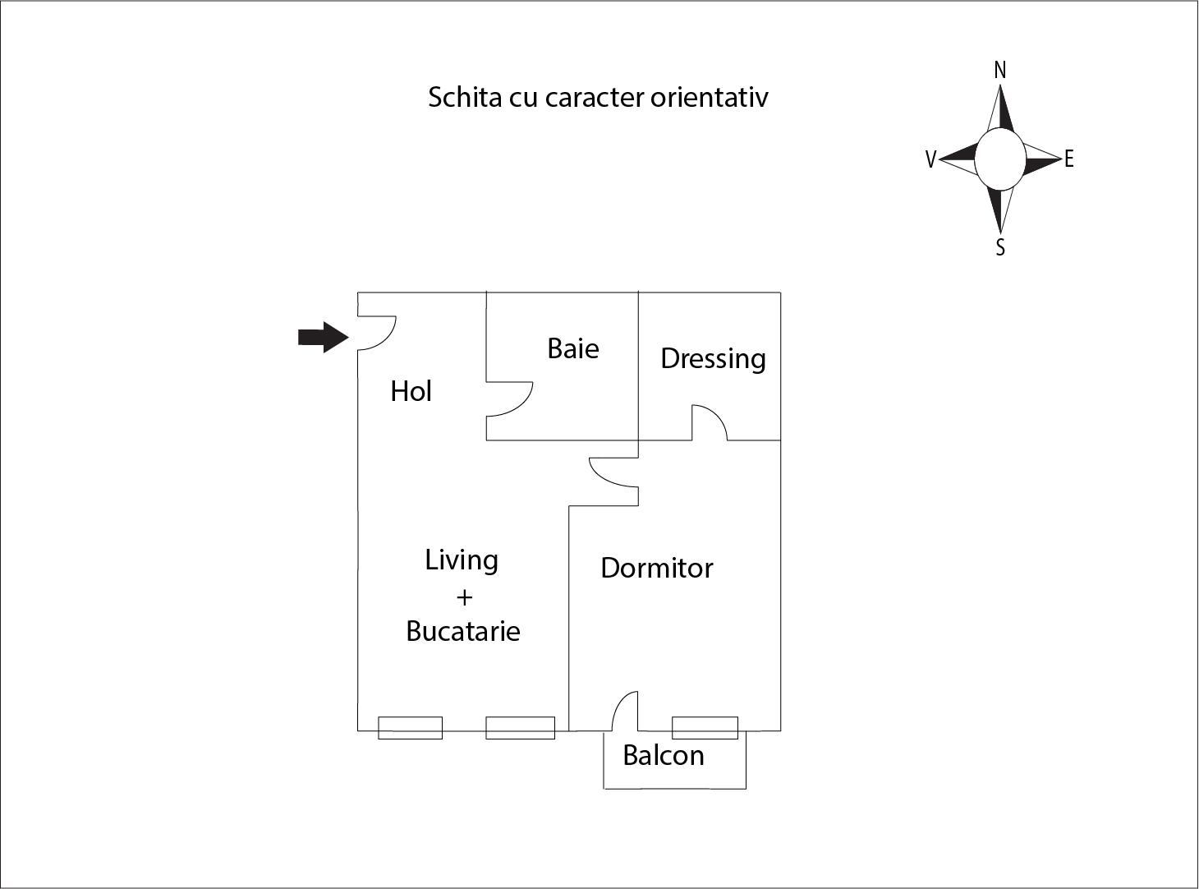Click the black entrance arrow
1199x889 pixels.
click(x=324, y=337)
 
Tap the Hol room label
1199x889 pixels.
click(x=411, y=391)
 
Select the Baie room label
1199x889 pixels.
click(x=573, y=348)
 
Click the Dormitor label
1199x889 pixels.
click(x=657, y=568)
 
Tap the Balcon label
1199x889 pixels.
click(x=664, y=755)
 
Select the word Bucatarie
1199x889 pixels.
click(x=462, y=631)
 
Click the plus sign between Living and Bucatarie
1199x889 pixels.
click(x=464, y=597)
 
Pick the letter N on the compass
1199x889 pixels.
click(x=1000, y=71)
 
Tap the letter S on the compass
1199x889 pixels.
click(x=1000, y=247)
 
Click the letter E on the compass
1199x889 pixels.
click(x=1068, y=159)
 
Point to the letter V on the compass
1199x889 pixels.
click(x=930, y=159)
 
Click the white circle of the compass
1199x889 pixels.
click(x=1000, y=159)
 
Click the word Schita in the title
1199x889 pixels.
click(x=465, y=98)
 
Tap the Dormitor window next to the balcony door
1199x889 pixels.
click(x=705, y=728)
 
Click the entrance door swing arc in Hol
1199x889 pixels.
click(x=377, y=333)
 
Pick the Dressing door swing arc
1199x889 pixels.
click(x=710, y=422)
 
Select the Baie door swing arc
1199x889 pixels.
click(x=510, y=399)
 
